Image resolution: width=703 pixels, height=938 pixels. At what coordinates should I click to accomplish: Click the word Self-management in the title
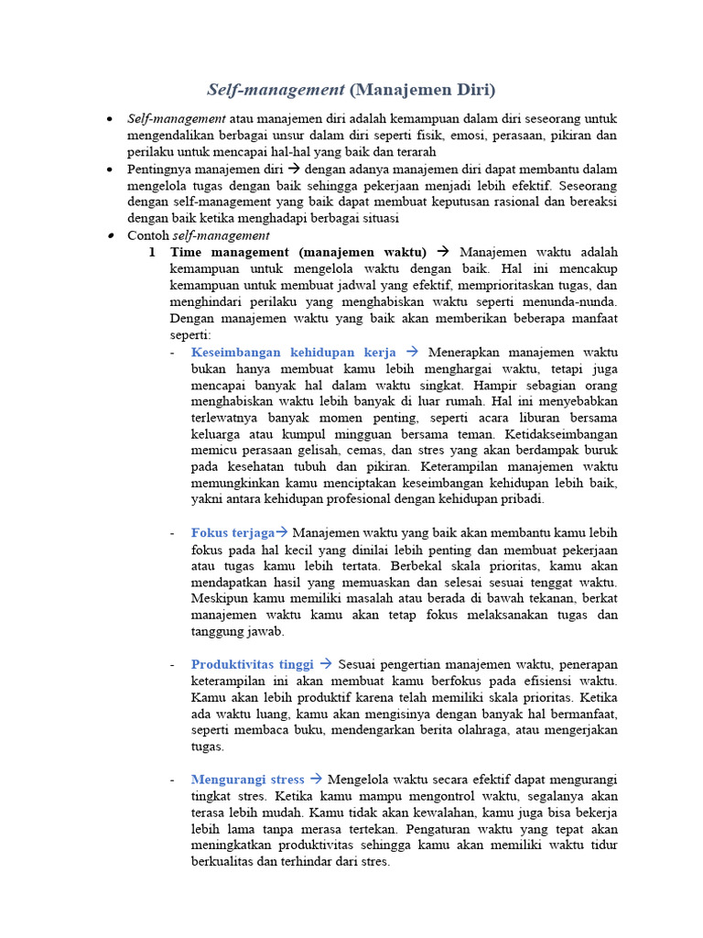275,90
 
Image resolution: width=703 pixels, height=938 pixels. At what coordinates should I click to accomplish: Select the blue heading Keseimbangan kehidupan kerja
294,352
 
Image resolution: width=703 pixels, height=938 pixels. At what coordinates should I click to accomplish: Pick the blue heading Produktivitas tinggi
252,664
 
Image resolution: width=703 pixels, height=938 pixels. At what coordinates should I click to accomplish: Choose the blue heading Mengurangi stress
248,780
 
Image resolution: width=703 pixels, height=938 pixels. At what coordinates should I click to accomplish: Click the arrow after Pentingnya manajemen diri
294,169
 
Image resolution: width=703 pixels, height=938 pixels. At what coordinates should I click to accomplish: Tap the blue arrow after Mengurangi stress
316,780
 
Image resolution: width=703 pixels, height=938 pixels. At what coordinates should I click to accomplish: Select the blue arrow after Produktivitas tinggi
325,664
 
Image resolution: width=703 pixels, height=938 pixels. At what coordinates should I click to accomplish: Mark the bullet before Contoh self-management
109,235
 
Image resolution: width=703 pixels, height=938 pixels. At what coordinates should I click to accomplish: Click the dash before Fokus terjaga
174,532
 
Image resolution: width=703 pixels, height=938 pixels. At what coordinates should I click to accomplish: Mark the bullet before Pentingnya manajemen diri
109,169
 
